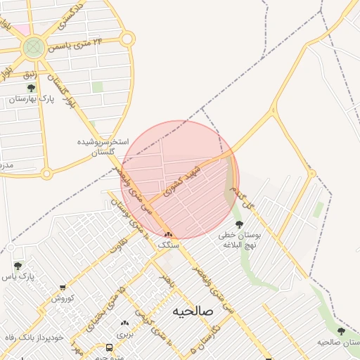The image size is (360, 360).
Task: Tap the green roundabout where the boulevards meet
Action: click(32, 48)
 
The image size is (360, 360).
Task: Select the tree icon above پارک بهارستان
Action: click(30, 88)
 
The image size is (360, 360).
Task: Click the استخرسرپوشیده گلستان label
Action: click(103, 146)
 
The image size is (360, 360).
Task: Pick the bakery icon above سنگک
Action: click(168, 235)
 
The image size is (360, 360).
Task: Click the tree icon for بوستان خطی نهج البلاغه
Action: click(239, 224)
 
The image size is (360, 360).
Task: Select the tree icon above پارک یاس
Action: click(18, 266)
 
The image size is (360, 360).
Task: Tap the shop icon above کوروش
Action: click(63, 288)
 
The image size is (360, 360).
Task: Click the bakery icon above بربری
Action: click(124, 323)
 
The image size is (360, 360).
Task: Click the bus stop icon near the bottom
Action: click(109, 347)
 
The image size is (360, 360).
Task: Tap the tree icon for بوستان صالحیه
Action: click(341, 331)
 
